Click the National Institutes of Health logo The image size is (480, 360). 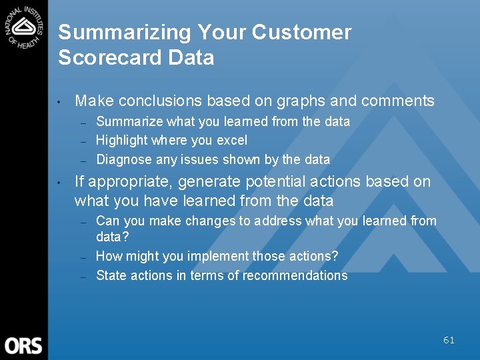pos(24,26)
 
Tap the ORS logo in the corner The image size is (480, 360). pos(23,345)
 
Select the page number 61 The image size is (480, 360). pos(449,340)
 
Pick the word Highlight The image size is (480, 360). pos(122,141)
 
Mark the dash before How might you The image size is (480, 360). pos(83,257)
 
